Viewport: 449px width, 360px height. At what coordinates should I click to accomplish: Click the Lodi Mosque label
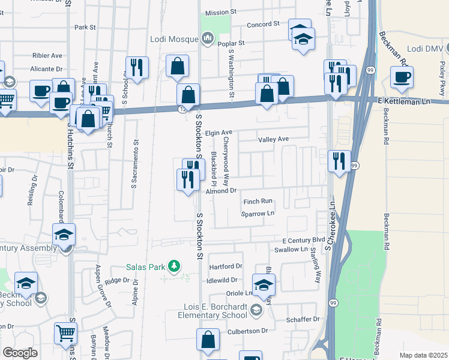coord(173,39)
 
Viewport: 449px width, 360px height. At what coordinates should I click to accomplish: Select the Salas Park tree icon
coord(174,265)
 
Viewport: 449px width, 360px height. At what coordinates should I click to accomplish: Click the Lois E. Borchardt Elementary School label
coord(216,310)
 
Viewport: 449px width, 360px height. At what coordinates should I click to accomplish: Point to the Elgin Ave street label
coord(218,132)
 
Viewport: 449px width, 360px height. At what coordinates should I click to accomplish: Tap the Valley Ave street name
coord(274,139)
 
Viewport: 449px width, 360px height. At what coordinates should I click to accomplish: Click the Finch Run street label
coord(258,202)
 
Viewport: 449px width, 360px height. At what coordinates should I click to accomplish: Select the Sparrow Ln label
coord(258,214)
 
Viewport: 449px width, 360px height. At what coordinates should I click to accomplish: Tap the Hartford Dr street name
coord(224,266)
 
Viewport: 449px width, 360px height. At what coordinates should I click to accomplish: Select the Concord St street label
coord(264,24)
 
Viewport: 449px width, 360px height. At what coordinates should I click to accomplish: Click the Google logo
coord(20,353)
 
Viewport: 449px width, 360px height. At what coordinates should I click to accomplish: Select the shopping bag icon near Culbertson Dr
coord(208,339)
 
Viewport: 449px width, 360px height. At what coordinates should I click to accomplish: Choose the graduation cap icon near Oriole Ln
coord(264,285)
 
